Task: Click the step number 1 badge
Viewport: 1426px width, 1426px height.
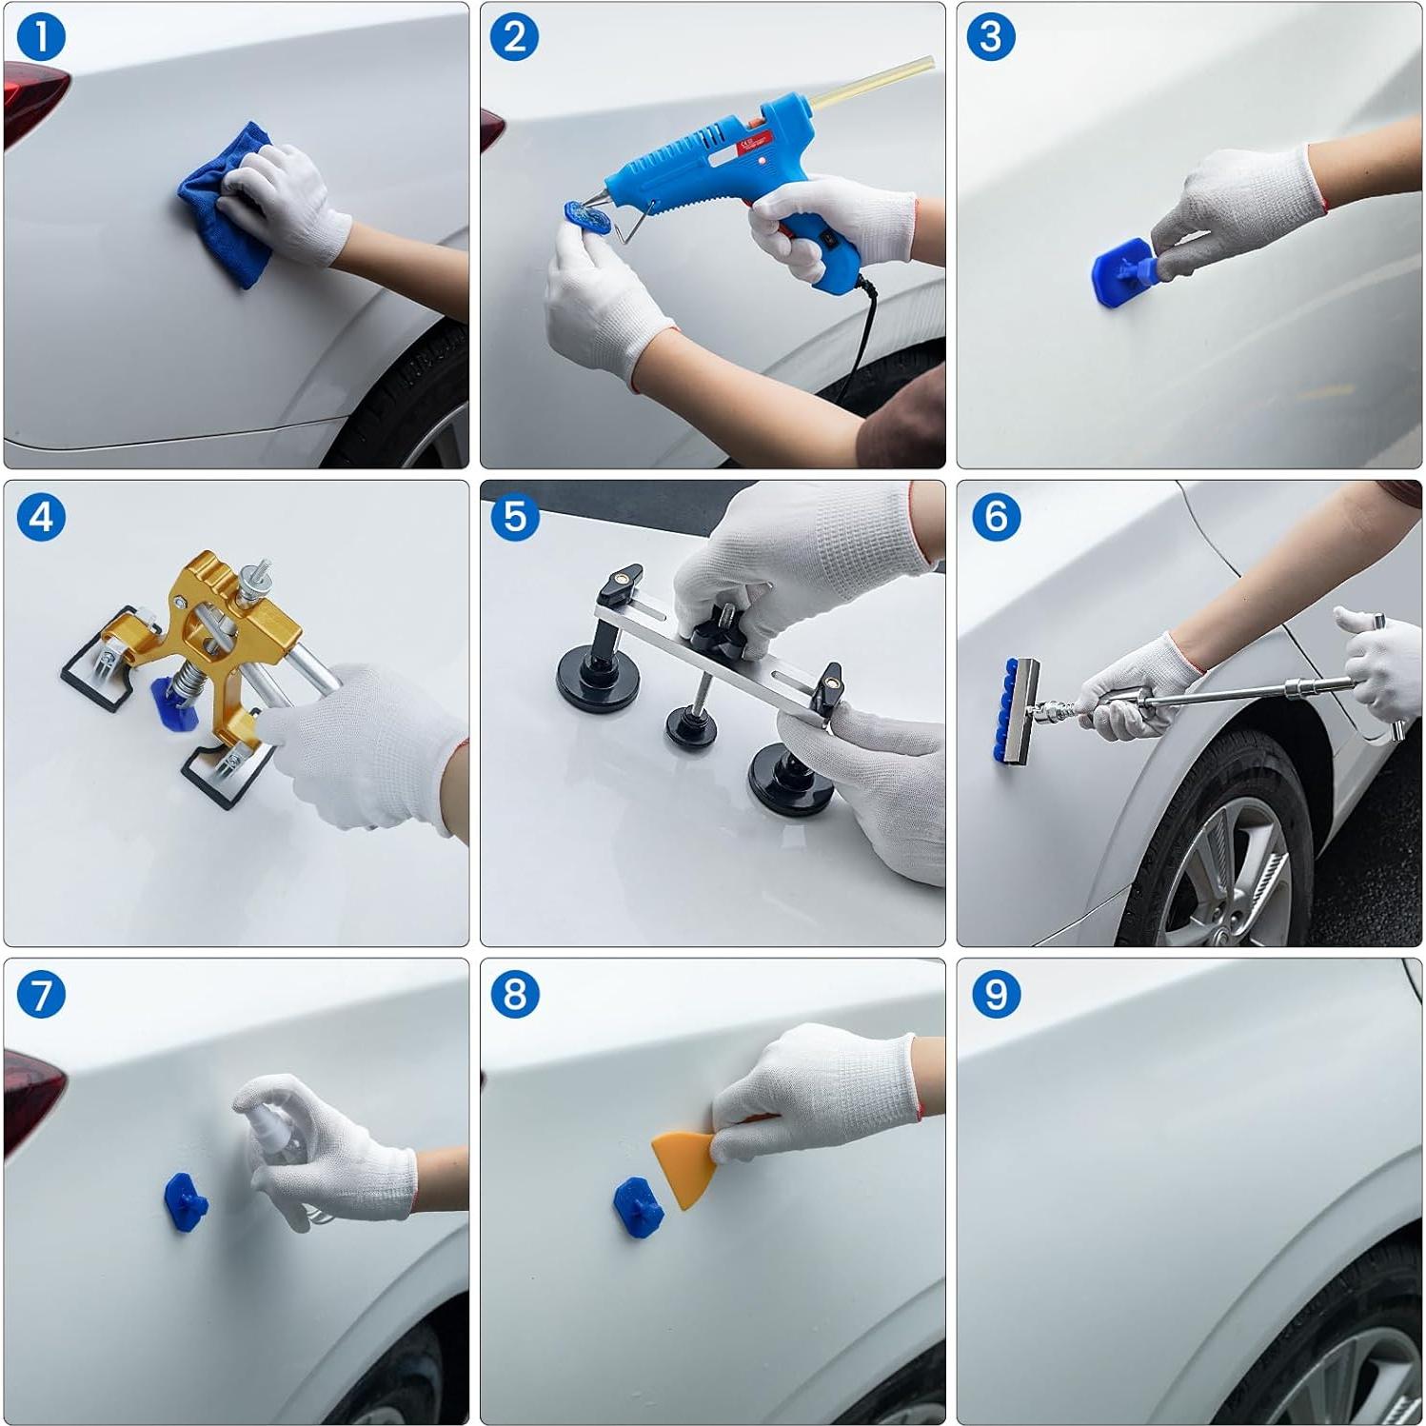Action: click(41, 38)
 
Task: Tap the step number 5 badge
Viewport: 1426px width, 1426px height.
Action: click(515, 517)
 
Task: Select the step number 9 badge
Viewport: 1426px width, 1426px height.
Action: click(997, 995)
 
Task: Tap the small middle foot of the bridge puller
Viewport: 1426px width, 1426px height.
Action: click(690, 725)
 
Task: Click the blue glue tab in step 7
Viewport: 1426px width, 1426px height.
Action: click(186, 1202)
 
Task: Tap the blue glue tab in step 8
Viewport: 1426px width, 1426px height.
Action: click(634, 1208)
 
